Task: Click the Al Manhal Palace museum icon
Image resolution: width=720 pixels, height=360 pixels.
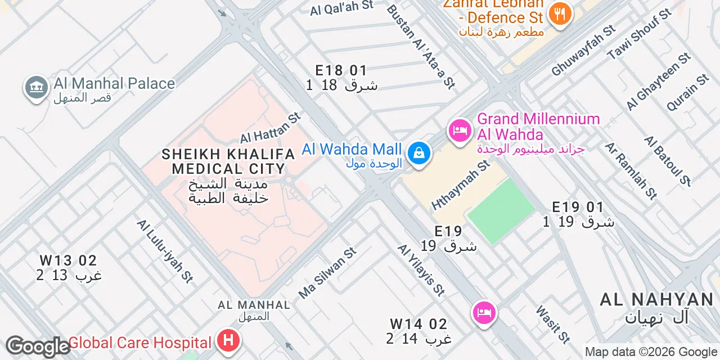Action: [x=37, y=88]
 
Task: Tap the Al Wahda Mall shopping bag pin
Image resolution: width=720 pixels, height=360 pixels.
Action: [x=418, y=152]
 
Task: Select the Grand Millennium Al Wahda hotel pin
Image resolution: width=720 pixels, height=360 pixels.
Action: [x=460, y=131]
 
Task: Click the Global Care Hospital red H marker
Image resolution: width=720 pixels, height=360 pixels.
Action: [x=228, y=341]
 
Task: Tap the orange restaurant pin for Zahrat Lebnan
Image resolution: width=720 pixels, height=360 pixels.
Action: [x=560, y=13]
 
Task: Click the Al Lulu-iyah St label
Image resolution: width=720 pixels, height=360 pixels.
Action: [x=165, y=250]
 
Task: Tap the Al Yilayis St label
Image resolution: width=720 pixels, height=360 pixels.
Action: [x=421, y=270]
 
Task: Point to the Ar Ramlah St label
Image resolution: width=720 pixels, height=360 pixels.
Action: [x=631, y=171]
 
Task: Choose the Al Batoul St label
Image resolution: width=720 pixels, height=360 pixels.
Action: [x=668, y=160]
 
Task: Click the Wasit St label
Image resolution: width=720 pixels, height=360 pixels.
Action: [x=553, y=324]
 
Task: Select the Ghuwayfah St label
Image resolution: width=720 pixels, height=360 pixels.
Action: [x=583, y=51]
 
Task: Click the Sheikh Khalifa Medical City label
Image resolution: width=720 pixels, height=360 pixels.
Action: [x=228, y=161]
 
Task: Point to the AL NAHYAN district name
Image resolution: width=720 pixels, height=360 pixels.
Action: [x=656, y=299]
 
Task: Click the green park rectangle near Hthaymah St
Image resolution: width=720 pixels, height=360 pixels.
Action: [x=501, y=211]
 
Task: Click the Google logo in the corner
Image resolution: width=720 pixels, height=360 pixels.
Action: [x=37, y=346]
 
